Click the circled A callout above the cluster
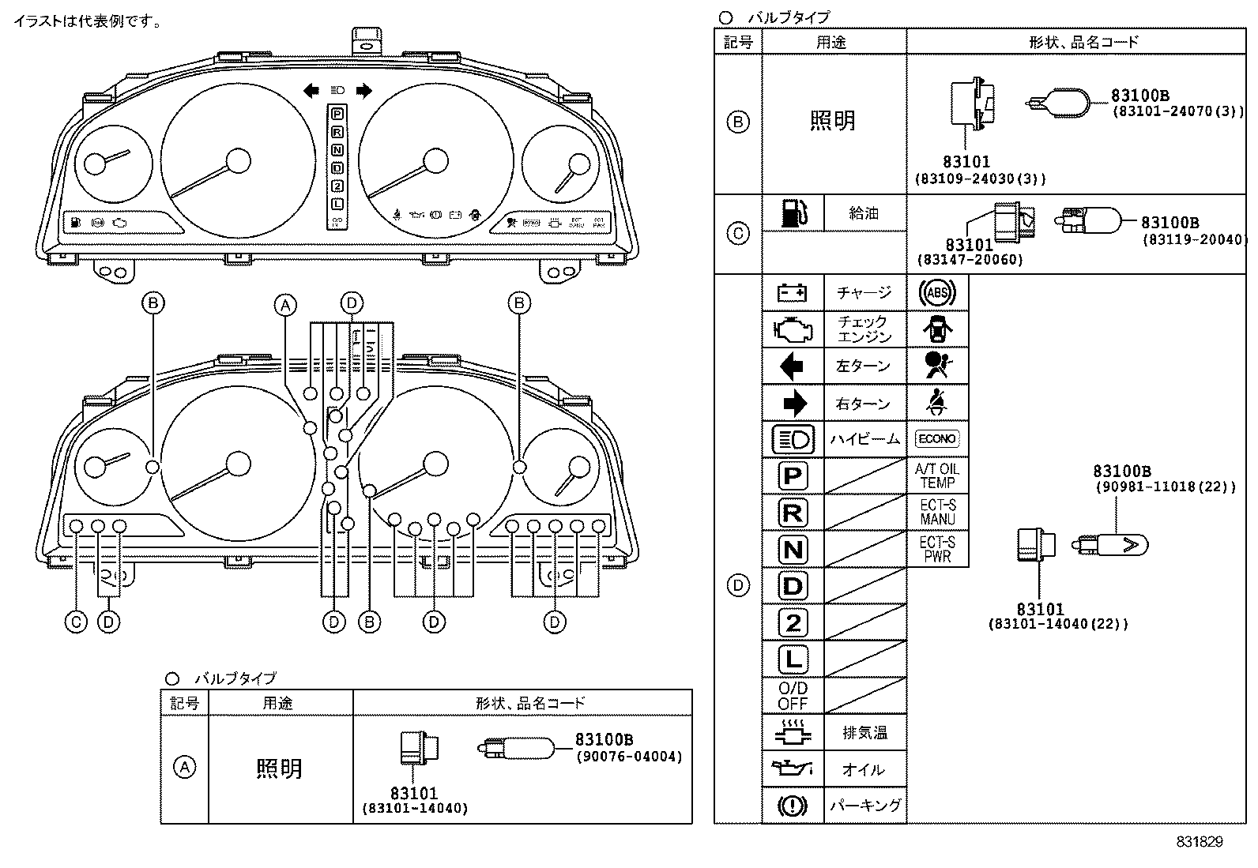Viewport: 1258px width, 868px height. click(285, 304)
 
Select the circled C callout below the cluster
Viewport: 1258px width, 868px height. click(76, 622)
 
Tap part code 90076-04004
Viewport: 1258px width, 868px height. click(628, 757)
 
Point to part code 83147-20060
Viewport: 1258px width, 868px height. click(970, 260)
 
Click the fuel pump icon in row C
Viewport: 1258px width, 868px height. click(793, 213)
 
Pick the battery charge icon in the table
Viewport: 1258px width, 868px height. click(793, 293)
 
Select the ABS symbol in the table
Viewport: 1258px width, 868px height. click(937, 293)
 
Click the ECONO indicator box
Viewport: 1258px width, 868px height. click(937, 438)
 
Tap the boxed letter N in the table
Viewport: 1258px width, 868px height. click(793, 550)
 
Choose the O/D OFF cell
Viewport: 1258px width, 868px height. click(793, 696)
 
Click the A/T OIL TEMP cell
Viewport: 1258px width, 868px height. click(937, 475)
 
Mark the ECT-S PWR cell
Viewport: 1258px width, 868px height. click(937, 549)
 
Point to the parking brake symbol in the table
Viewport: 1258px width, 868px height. click(793, 806)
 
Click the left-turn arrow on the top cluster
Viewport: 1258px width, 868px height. click(311, 91)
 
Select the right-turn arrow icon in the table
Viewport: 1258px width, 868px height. click(793, 404)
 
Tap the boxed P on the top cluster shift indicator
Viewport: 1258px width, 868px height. click(337, 115)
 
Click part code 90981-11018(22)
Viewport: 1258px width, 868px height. click(1165, 487)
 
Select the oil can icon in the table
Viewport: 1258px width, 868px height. click(793, 768)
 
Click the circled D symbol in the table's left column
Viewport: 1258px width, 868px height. click(737, 586)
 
